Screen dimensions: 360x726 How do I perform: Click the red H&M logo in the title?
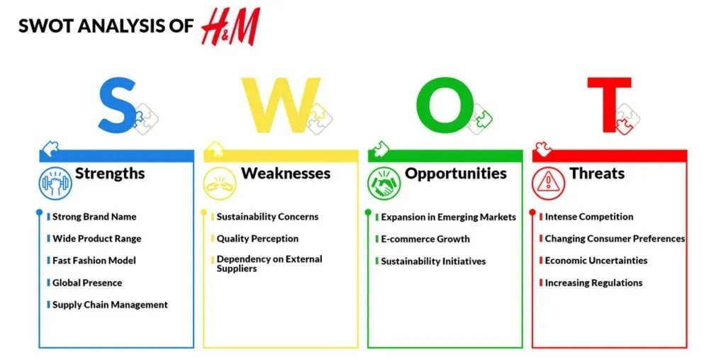(x=230, y=27)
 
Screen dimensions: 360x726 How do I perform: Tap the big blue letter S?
(x=117, y=106)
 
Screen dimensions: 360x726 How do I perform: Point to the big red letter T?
(x=608, y=106)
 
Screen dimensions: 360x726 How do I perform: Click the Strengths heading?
(x=110, y=174)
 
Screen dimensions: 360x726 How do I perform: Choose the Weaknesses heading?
(x=286, y=174)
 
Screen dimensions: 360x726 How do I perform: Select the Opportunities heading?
(x=456, y=174)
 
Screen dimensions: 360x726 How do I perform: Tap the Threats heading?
(x=597, y=174)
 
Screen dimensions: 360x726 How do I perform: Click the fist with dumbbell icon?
(x=55, y=182)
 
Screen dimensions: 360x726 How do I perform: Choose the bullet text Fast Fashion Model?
(x=94, y=261)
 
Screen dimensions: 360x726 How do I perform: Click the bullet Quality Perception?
(x=257, y=239)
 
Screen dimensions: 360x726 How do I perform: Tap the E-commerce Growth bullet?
(x=425, y=239)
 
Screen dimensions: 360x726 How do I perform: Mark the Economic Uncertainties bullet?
(x=596, y=261)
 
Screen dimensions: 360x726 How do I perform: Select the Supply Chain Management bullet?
(x=110, y=305)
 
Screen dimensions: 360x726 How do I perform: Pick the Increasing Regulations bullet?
(x=593, y=283)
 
